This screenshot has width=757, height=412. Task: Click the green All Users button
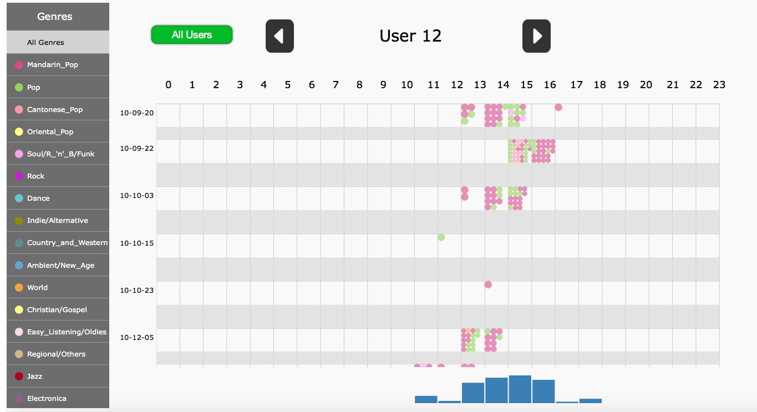tap(192, 34)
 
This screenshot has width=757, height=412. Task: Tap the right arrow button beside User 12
tap(536, 36)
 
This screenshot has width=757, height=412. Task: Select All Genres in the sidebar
tap(45, 42)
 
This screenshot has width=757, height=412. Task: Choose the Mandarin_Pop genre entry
tap(52, 65)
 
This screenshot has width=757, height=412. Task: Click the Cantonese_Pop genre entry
tap(54, 109)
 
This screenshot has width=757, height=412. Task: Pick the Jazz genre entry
tap(34, 376)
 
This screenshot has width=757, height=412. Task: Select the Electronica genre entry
tap(47, 398)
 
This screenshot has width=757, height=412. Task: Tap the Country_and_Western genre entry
tap(67, 242)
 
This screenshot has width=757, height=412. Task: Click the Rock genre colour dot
tap(19, 176)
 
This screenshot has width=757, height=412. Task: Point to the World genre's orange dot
tap(19, 287)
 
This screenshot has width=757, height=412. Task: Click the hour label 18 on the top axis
tap(599, 85)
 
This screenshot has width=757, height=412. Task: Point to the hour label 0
tap(169, 85)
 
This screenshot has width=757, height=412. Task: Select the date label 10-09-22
tap(136, 149)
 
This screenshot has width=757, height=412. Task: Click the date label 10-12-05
tap(136, 337)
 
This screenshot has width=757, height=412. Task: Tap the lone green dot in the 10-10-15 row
tap(441, 237)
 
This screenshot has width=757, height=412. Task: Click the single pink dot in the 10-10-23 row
tap(488, 284)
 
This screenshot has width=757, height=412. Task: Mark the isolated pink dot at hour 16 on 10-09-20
tap(558, 107)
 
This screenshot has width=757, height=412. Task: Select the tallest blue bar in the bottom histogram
tap(520, 389)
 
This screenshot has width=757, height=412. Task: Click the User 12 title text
tap(410, 36)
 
